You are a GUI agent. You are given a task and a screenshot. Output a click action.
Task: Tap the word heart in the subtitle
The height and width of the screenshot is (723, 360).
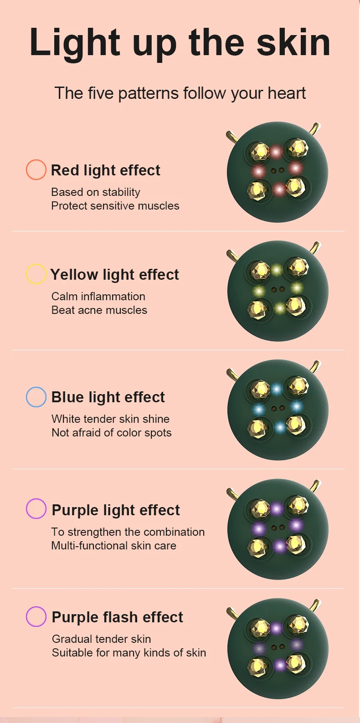click(287, 93)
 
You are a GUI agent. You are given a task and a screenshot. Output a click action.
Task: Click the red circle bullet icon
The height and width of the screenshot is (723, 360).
click(36, 170)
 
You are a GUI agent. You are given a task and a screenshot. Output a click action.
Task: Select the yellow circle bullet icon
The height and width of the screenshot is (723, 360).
click(36, 274)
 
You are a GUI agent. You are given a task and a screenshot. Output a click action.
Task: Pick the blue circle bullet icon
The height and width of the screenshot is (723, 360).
click(36, 397)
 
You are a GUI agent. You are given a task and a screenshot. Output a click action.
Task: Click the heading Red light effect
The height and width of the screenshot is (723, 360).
click(106, 170)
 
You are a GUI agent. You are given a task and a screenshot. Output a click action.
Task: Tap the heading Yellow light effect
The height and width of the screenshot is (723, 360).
click(115, 275)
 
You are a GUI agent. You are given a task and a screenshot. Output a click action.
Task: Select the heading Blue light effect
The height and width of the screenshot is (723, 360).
click(108, 397)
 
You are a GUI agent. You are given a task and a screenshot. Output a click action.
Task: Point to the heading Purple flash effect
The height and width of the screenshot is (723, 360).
click(118, 617)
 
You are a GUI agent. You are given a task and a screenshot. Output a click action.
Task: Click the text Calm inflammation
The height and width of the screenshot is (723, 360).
click(98, 297)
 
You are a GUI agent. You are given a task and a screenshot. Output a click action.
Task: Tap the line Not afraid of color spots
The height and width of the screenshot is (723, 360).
click(112, 433)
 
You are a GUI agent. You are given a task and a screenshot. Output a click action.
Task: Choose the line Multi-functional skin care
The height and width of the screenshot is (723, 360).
click(114, 546)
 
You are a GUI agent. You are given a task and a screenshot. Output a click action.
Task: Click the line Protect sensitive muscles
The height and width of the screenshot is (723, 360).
click(115, 206)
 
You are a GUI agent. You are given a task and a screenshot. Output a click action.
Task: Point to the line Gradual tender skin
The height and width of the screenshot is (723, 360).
click(102, 639)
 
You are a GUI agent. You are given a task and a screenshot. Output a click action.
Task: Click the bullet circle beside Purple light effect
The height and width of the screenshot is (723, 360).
click(36, 509)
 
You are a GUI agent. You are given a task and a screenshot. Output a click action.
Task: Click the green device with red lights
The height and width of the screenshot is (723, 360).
click(277, 172)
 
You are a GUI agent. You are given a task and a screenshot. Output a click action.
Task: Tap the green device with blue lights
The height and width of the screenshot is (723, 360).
click(278, 410)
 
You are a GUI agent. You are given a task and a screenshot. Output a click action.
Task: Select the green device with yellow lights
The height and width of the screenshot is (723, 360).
click(278, 291)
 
